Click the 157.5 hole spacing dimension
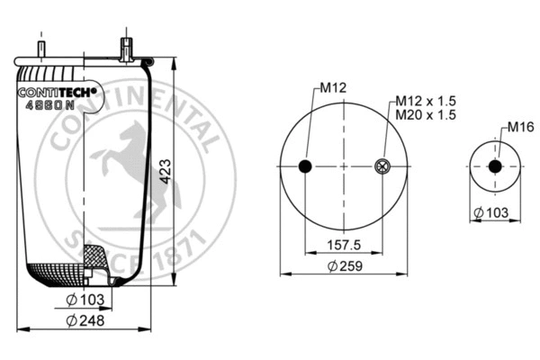(x=342, y=245)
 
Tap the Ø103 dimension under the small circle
(x=493, y=212)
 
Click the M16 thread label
(x=518, y=126)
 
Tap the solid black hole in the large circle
(x=304, y=166)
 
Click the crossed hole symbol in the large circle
(x=381, y=166)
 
